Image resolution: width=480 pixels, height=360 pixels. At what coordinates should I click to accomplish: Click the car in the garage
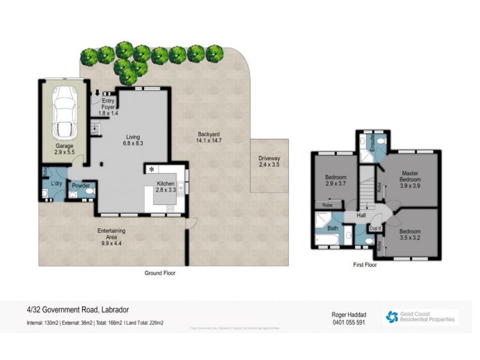pos(64,112)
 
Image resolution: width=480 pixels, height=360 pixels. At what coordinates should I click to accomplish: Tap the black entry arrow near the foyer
pos(98,93)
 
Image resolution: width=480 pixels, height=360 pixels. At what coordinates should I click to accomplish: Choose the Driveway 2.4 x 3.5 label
pos(269,161)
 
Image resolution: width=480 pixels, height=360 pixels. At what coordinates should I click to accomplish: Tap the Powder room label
pos(80,186)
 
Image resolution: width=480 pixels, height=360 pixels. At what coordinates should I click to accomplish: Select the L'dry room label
pos(57,183)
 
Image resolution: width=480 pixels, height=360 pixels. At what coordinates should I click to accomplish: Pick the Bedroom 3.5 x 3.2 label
pos(410,234)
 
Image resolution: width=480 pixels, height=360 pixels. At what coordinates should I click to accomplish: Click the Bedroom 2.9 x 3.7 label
pos(335,181)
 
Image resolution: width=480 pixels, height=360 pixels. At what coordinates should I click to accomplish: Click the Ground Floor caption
pos(160,272)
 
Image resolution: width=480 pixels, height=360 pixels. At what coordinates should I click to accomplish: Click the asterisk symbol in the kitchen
pos(152,170)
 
